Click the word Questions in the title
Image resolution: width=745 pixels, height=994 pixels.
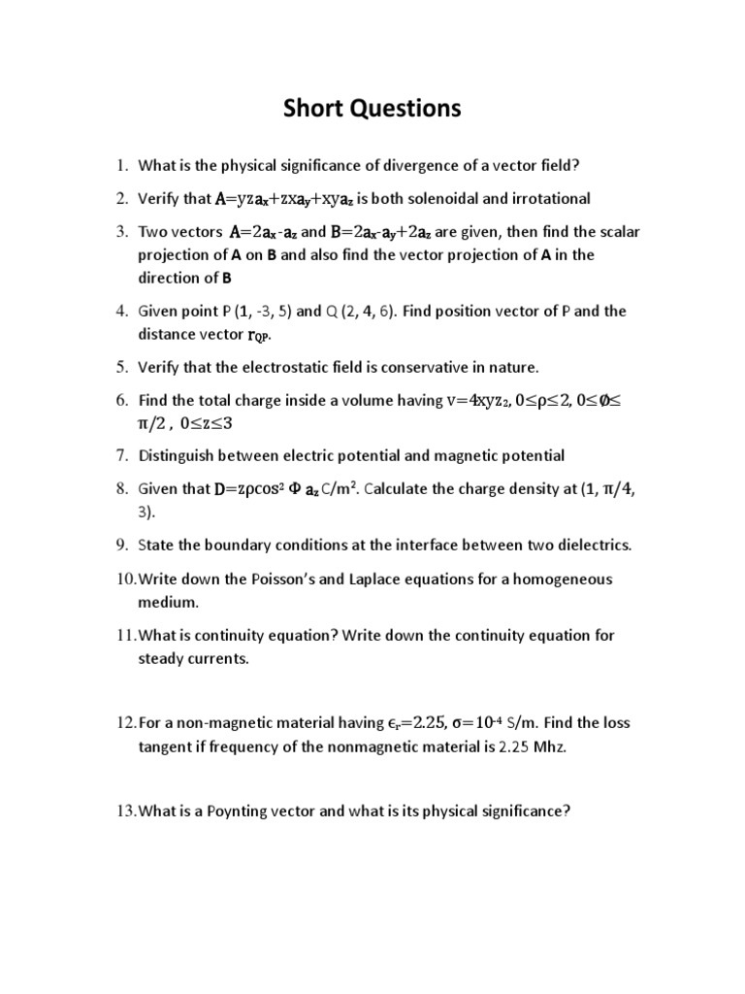point(403,109)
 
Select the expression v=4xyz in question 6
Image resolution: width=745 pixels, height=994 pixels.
point(476,401)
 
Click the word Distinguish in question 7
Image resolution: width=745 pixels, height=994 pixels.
point(178,455)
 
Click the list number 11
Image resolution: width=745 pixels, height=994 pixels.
point(126,636)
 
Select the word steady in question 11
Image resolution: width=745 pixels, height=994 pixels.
point(162,658)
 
